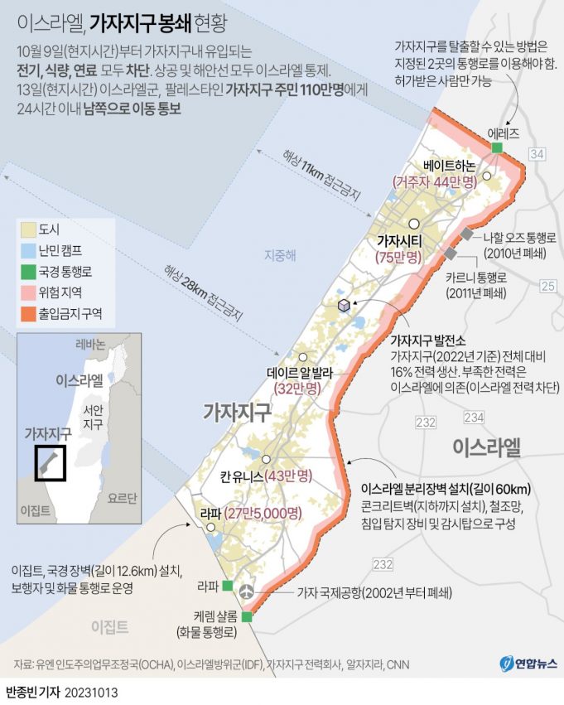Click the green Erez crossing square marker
pos(497,147)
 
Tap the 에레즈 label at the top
pos(504,132)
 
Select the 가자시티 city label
pos(400,240)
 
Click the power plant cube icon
pos(344,307)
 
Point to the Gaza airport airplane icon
pos(246,592)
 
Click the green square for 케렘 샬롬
pos(246,616)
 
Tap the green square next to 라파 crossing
pos(228,587)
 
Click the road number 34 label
pos(537,154)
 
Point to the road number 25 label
pos(547,286)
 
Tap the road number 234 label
pos(474,416)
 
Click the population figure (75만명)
pos(398,258)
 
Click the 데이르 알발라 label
pos(299,372)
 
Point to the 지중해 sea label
pos(279,255)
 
